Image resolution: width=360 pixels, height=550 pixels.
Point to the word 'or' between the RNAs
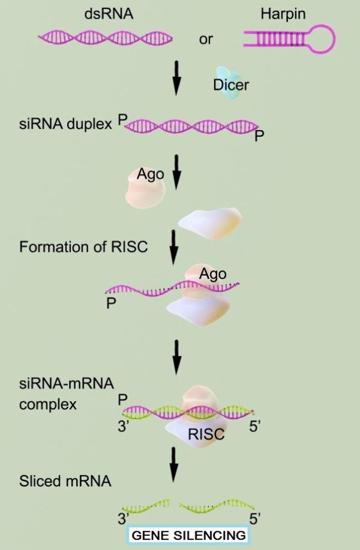pyautogui.click(x=206, y=40)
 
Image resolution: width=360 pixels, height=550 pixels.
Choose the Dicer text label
pyautogui.click(x=230, y=85)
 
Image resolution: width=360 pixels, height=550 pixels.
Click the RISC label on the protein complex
pyautogui.click(x=206, y=435)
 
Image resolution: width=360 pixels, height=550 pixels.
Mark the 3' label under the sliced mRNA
pyautogui.click(x=124, y=518)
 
